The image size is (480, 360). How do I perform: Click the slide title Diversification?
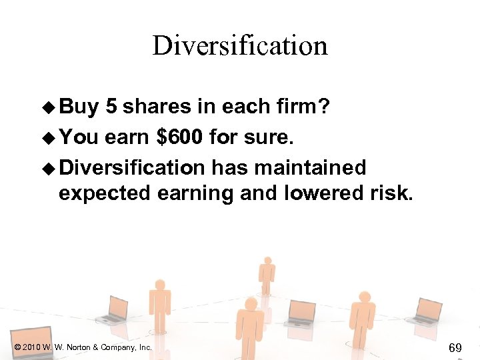click(240, 46)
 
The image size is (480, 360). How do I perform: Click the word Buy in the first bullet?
click(79, 107)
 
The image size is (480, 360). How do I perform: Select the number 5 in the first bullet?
click(111, 107)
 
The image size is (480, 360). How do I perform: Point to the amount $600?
click(179, 137)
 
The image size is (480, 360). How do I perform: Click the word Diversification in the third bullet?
click(131, 166)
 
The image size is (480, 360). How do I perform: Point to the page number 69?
click(455, 347)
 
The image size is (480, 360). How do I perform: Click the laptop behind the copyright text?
click(33, 340)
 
